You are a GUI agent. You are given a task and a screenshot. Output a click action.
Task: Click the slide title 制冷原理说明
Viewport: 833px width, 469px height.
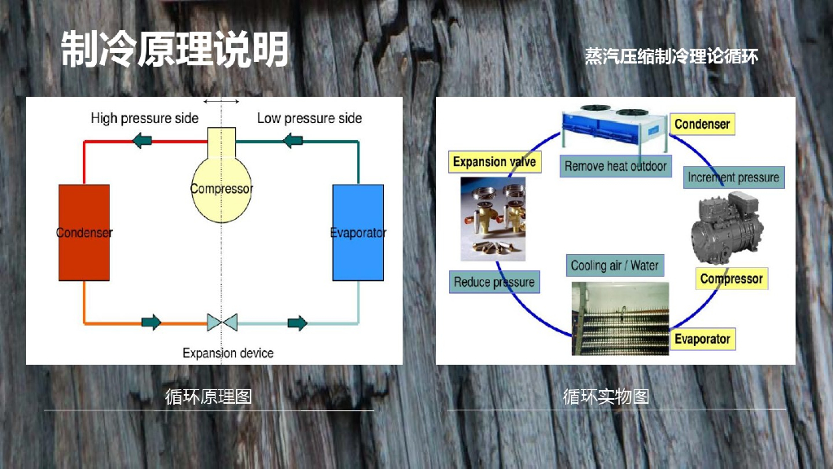click(x=175, y=50)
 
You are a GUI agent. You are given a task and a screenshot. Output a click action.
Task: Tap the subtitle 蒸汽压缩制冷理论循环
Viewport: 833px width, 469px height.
click(x=671, y=56)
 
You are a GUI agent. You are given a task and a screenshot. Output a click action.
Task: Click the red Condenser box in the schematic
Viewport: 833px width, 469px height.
click(x=84, y=233)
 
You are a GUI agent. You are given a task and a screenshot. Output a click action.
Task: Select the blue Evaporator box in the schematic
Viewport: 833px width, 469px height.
click(x=358, y=233)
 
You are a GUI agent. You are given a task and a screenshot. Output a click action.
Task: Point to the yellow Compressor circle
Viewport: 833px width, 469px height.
click(x=221, y=190)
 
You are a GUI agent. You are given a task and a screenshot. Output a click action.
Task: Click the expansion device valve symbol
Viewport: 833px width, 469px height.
click(x=221, y=322)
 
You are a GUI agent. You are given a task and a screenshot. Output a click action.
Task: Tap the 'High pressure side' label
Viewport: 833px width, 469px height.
click(x=144, y=118)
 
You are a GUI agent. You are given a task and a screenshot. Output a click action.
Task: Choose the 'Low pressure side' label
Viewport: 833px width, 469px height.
click(x=309, y=118)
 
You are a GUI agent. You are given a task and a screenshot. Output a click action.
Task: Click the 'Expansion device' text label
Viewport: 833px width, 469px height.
click(x=228, y=353)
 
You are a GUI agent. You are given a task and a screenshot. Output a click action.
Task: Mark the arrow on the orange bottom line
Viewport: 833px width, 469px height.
click(x=151, y=322)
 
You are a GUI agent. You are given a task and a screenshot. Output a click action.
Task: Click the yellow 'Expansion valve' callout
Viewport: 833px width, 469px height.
click(x=494, y=161)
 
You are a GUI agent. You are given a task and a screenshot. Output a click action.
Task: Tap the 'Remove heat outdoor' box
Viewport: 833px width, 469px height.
click(x=616, y=166)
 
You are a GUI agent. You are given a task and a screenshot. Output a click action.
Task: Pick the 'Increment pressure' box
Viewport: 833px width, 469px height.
click(x=733, y=177)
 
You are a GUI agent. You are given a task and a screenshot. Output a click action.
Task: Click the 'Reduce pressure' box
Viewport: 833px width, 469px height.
click(x=494, y=282)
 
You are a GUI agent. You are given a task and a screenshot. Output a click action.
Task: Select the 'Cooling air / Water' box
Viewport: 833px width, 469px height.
click(x=614, y=265)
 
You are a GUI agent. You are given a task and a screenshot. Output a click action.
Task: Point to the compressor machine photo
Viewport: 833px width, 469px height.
click(x=727, y=230)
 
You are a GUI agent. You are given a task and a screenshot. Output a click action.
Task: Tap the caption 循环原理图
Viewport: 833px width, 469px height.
click(x=208, y=397)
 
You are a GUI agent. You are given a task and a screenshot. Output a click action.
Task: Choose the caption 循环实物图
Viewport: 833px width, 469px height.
click(x=606, y=397)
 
